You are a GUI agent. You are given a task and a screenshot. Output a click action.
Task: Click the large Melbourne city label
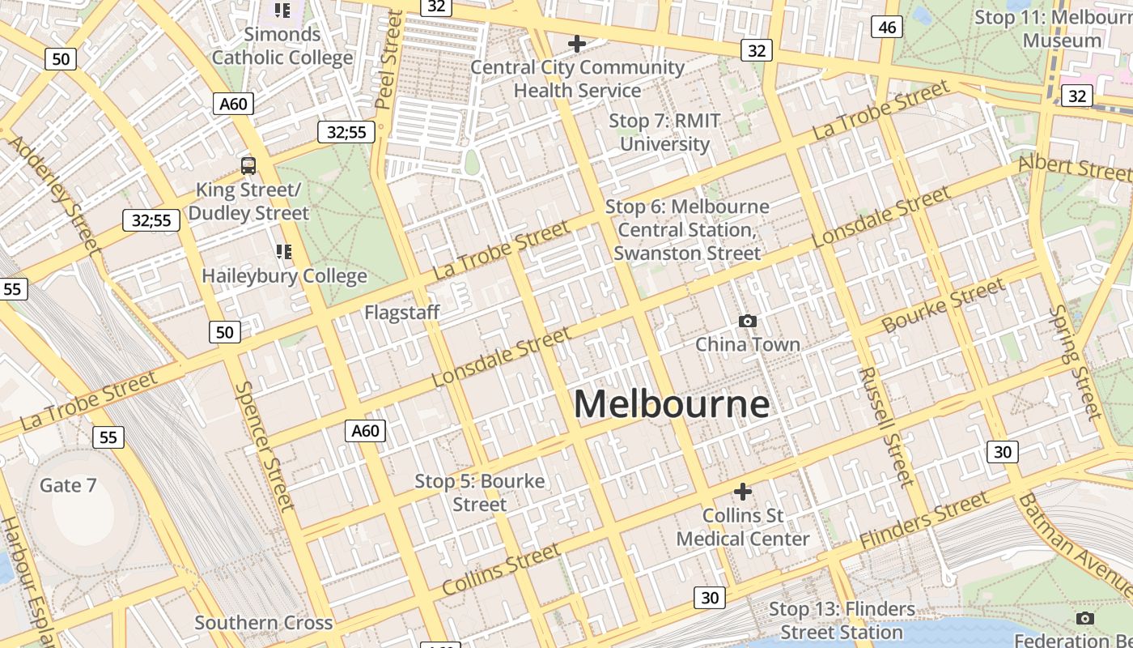pos(671,403)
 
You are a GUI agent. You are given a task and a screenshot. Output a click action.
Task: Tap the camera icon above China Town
pos(748,322)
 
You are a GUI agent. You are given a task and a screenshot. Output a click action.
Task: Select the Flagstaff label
pos(401,313)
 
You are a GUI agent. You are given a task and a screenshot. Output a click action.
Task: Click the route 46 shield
pos(887,28)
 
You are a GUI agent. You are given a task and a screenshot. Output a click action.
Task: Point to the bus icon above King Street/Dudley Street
pos(248,166)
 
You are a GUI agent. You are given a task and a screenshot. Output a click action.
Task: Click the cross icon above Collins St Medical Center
pos(742,492)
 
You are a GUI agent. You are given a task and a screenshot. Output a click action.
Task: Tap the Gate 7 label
pos(68,485)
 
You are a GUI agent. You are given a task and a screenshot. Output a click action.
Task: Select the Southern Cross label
pos(263,623)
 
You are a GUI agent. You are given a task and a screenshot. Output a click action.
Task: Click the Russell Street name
pos(886,427)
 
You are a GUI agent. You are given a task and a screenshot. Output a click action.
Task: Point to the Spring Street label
pos(1075,362)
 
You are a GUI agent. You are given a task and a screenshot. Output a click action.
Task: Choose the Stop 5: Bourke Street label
pos(479,492)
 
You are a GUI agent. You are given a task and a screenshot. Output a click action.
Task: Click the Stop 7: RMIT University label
pos(664,133)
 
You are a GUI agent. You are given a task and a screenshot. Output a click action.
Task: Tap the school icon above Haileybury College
pos(283,252)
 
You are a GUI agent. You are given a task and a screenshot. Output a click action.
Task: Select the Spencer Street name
pos(264,446)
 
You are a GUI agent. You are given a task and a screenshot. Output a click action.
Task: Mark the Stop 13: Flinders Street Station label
pos(842,620)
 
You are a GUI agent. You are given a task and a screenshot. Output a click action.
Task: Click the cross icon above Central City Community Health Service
pos(576,44)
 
